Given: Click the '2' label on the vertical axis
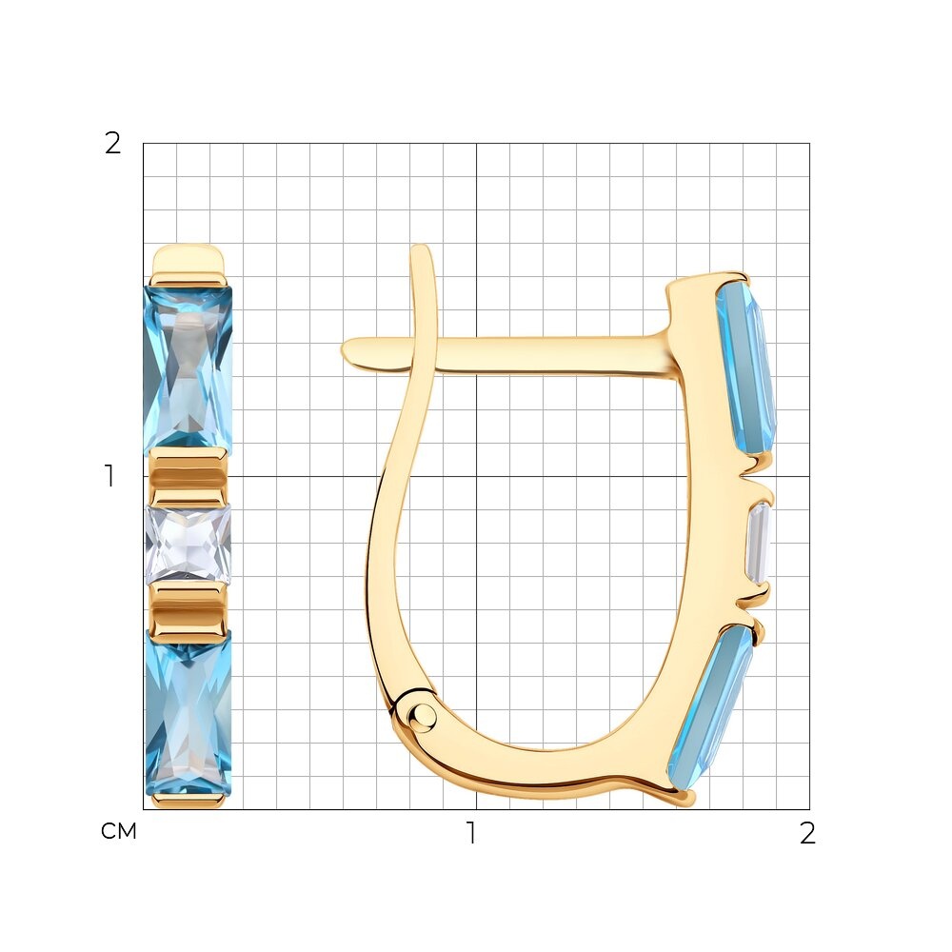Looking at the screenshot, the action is click(x=113, y=144).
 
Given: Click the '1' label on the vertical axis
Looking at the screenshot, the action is click(x=109, y=476).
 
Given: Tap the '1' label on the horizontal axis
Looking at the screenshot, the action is click(x=471, y=833).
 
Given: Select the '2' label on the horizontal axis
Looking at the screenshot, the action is click(x=807, y=833).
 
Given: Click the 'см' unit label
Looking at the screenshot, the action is click(x=119, y=831).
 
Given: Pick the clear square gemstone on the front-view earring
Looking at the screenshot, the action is click(x=188, y=545).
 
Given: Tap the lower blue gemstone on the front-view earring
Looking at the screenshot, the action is click(x=188, y=713).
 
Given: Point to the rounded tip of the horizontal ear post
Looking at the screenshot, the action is click(x=347, y=351).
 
